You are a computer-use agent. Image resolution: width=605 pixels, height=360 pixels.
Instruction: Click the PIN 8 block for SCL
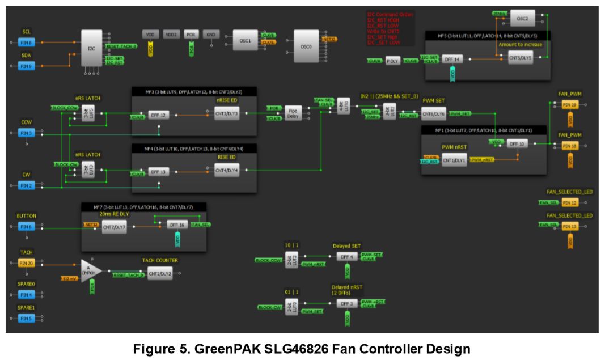pyautogui.click(x=27, y=43)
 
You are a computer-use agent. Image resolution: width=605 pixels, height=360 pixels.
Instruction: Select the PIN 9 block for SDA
pyautogui.click(x=27, y=66)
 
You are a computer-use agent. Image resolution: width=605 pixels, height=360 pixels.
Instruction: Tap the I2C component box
pyautogui.click(x=91, y=49)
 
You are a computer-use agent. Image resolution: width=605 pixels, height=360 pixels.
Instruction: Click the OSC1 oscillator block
pyautogui.click(x=246, y=41)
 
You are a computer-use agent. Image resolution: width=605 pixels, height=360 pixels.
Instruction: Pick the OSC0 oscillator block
pyautogui.click(x=306, y=47)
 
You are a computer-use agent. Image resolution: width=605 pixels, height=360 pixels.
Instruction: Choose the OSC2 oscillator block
pyautogui.click(x=522, y=19)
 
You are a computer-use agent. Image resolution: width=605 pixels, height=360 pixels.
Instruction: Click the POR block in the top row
pyautogui.click(x=191, y=35)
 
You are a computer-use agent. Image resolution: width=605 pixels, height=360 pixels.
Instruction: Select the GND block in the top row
pyautogui.click(x=210, y=35)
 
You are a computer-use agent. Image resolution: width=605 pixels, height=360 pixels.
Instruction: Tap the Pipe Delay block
pyautogui.click(x=293, y=114)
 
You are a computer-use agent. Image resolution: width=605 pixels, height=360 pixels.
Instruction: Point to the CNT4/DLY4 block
pyautogui.click(x=227, y=170)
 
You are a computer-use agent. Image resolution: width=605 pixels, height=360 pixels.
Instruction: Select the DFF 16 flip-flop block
pyautogui.click(x=176, y=225)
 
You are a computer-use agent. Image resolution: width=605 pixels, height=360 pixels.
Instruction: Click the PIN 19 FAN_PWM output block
pyautogui.click(x=570, y=105)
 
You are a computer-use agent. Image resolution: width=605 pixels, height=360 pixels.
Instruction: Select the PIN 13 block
pyautogui.click(x=570, y=227)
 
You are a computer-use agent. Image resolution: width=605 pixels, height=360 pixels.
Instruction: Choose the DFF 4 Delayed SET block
pyautogui.click(x=346, y=256)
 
